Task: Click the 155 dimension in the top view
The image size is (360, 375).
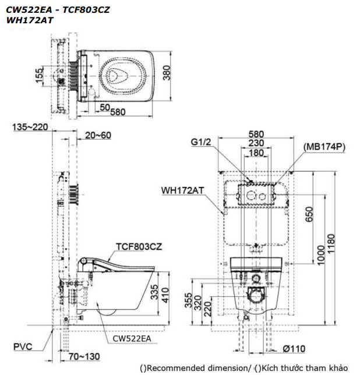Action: click(x=38, y=76)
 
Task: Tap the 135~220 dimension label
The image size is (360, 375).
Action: click(x=26, y=127)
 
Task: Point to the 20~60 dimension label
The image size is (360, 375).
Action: click(x=97, y=135)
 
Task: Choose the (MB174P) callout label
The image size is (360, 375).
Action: click(x=324, y=147)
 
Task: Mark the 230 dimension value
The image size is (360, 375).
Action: click(x=255, y=143)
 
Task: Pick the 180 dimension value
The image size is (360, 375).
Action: click(x=255, y=152)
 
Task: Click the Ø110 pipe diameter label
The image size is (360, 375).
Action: click(x=295, y=348)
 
